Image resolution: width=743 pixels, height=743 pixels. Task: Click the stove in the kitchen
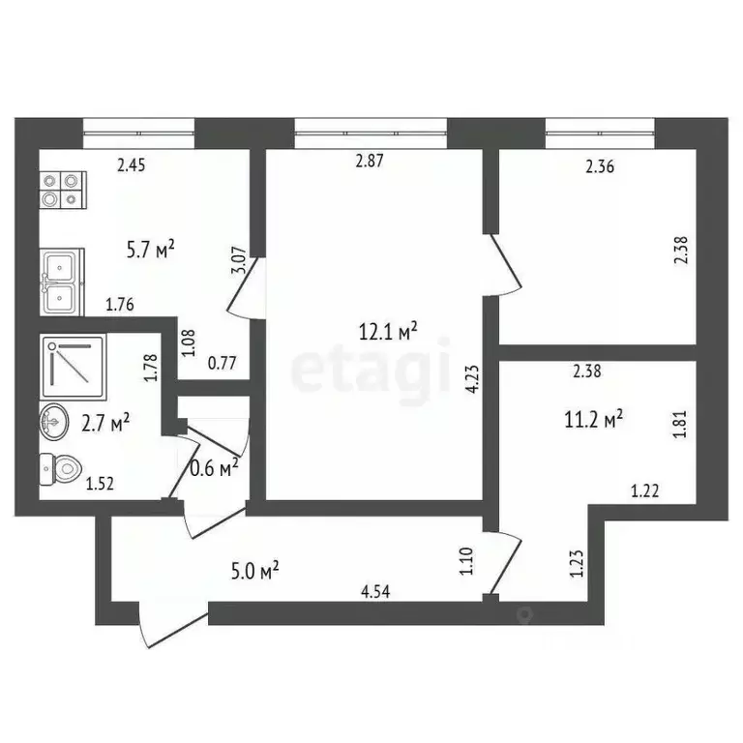pyautogui.click(x=63, y=190)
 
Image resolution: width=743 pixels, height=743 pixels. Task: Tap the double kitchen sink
pyautogui.click(x=63, y=281)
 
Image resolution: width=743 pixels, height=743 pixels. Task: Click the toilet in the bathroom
pyautogui.click(x=61, y=471)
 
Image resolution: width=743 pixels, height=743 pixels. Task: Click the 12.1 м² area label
pyautogui.click(x=387, y=332)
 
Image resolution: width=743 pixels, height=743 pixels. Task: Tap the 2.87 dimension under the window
pyautogui.click(x=371, y=163)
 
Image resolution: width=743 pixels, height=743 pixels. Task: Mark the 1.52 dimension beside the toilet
pyautogui.click(x=101, y=485)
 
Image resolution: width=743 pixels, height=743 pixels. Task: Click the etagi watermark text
pyautogui.click(x=371, y=371)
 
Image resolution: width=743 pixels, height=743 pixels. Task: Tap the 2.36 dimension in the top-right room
pyautogui.click(x=601, y=166)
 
